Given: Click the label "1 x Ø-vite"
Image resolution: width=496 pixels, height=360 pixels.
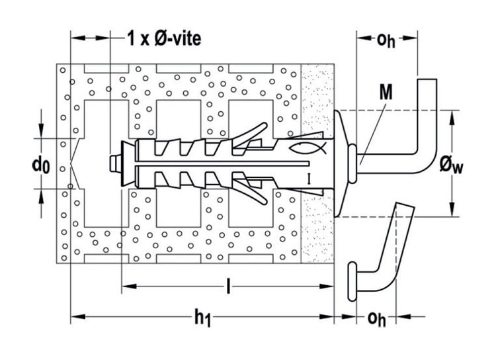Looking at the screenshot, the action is click(x=164, y=39).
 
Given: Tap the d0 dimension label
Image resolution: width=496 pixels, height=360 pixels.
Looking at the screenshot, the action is click(x=41, y=165).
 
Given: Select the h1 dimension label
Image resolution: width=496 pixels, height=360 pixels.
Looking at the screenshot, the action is click(x=202, y=318).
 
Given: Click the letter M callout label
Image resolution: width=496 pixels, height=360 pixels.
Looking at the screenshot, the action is click(x=386, y=93).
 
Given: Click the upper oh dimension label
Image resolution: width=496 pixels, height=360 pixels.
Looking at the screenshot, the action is click(x=386, y=40).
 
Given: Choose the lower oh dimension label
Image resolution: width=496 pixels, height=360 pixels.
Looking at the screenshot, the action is click(x=377, y=318).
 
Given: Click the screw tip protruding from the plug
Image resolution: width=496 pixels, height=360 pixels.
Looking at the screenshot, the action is click(x=113, y=163).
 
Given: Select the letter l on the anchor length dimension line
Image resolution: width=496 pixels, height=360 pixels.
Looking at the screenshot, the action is click(x=228, y=286).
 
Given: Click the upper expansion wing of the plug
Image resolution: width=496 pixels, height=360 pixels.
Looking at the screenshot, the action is click(x=251, y=135).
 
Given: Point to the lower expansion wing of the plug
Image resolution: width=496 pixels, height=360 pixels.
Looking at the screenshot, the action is click(x=251, y=192).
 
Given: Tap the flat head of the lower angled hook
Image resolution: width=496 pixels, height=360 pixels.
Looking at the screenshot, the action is click(x=352, y=281).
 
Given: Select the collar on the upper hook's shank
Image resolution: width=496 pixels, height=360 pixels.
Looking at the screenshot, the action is click(x=352, y=163).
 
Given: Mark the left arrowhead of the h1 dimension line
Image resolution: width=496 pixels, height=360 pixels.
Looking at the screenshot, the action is click(x=78, y=316).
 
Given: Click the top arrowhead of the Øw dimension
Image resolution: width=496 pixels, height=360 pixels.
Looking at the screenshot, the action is click(x=452, y=118).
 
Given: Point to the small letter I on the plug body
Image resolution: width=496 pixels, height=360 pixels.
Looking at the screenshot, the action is click(x=310, y=179).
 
